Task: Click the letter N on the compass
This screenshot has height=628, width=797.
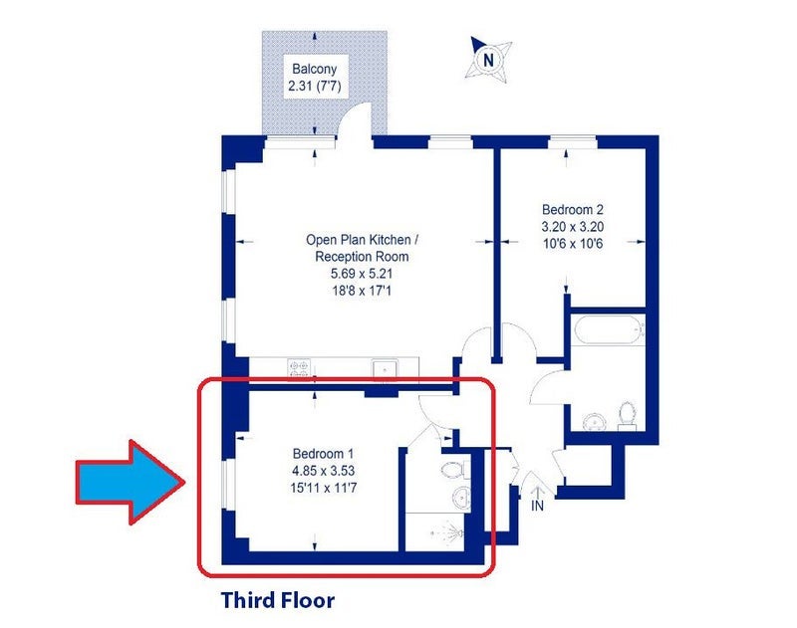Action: click(488, 61)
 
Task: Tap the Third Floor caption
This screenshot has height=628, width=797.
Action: click(278, 600)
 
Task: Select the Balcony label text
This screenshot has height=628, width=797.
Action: click(314, 69)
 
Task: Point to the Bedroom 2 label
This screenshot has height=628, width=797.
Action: click(573, 209)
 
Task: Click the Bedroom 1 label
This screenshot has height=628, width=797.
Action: click(323, 454)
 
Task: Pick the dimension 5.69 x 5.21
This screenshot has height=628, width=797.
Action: click(362, 274)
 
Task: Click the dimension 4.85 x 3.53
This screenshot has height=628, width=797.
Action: click(323, 471)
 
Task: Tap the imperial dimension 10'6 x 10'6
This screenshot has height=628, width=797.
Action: click(573, 244)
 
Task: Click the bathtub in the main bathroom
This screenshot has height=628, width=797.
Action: click(608, 330)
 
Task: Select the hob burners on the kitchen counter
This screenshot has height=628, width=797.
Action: click(298, 368)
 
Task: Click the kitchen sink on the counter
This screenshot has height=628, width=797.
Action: click(385, 370)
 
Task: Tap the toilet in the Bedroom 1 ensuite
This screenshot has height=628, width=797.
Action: click(456, 470)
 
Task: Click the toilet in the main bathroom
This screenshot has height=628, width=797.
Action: click(627, 414)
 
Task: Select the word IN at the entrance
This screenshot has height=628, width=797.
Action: click(537, 506)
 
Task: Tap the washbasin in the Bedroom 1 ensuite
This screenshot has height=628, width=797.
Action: click(462, 496)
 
